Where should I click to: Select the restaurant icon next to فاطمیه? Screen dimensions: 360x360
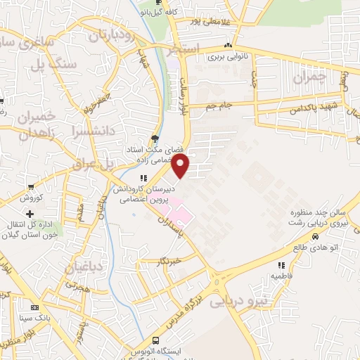(281, 266)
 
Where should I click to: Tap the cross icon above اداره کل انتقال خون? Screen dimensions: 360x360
(30, 213)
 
